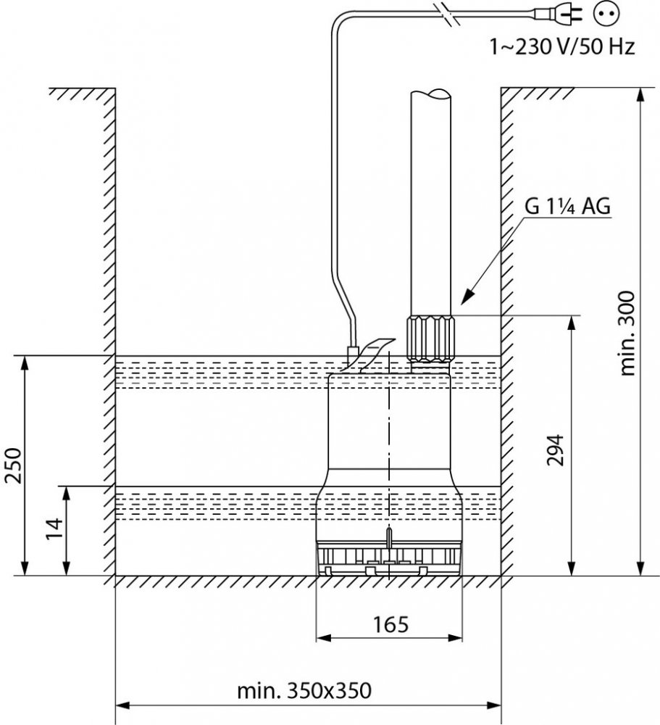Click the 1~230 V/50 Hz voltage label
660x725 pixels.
tap(562, 46)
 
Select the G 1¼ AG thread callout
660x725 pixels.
tap(567, 206)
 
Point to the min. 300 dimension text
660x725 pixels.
tap(627, 333)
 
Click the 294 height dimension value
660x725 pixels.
tap(555, 450)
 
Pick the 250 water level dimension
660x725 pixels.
tap(13, 465)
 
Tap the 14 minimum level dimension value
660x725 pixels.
tap(54, 528)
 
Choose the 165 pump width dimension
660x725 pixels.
tap(390, 625)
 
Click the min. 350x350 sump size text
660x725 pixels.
tap(304, 691)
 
